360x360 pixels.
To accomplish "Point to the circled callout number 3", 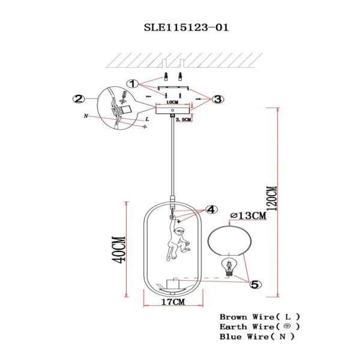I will coord(217,98).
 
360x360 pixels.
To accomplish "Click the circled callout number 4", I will coord(210,209).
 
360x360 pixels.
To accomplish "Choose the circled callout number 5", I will coord(254,285).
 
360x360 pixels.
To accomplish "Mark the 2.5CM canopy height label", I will coord(184,119).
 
